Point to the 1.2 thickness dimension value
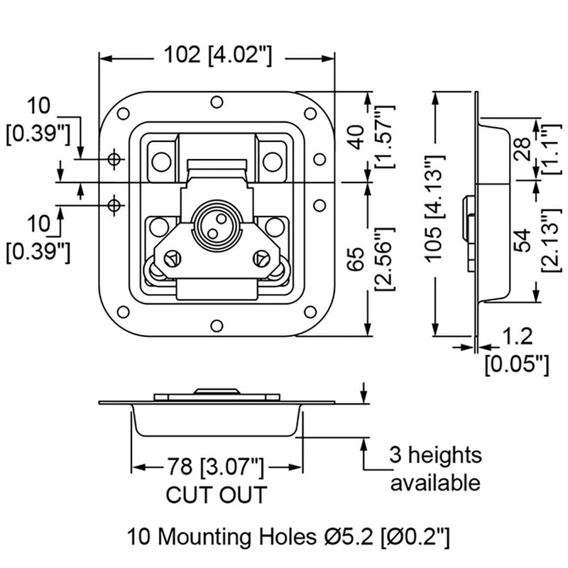coord(516,336)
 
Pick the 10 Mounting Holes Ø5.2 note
coord(288,534)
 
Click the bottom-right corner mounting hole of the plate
coord(310,312)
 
